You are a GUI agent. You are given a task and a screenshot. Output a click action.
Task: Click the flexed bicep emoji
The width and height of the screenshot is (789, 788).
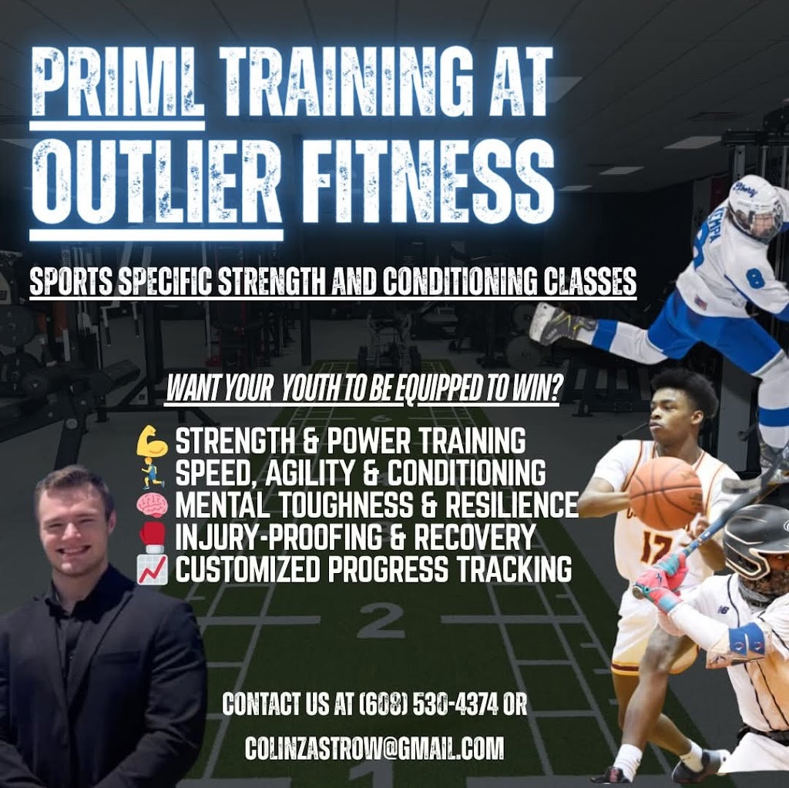pos(152,442)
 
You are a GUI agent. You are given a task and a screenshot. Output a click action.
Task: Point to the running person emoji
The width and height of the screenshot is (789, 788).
pos(152,472)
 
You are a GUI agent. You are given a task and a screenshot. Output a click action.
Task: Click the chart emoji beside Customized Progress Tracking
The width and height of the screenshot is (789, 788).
pos(152,570)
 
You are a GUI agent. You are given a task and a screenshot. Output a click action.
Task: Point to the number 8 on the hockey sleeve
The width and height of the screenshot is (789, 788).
pos(754,278)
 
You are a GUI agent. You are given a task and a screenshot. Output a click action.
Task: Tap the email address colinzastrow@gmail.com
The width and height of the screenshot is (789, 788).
pos(374,747)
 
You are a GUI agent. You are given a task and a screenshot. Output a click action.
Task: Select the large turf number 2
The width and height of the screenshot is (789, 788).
pos(381,619)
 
